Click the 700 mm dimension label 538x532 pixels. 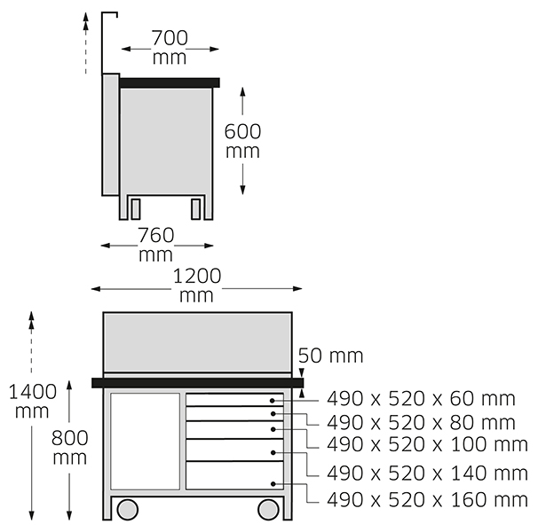[170, 47]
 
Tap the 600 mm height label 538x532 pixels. [242, 141]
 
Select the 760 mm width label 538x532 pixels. [156, 245]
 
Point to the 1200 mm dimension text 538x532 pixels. [197, 286]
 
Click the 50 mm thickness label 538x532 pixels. [331, 356]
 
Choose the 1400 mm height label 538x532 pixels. [32, 401]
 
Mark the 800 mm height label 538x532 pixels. [70, 448]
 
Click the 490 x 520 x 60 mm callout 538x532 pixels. [421, 399]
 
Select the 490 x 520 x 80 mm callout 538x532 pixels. [421, 422]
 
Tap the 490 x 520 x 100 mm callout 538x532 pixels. [427, 444]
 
